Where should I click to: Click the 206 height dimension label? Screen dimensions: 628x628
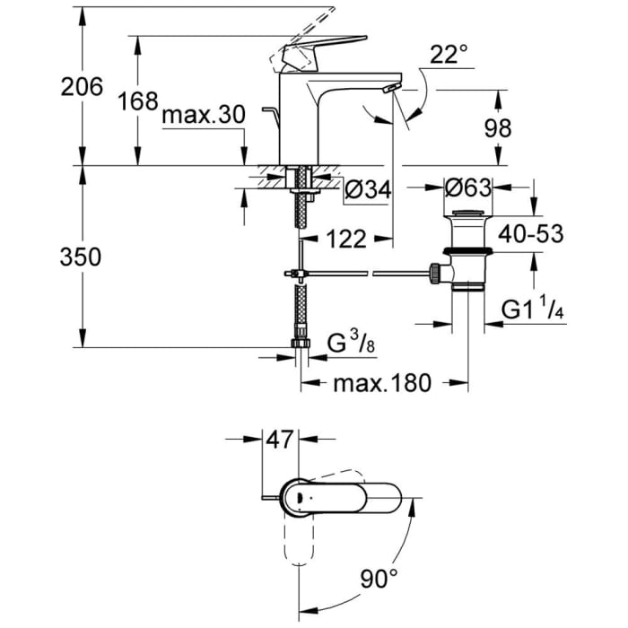(x=82, y=87)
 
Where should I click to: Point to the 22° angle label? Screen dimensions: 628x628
(x=449, y=56)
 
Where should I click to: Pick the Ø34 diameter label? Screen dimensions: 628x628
(x=365, y=189)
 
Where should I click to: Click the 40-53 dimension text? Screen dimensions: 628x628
(x=531, y=234)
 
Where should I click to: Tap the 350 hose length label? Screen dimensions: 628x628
(x=82, y=257)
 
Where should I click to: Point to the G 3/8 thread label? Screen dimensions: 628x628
(x=345, y=344)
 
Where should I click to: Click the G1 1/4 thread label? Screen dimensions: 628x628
(x=530, y=310)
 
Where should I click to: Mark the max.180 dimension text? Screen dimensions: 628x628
(x=383, y=384)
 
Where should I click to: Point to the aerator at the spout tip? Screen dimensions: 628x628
(x=388, y=88)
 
